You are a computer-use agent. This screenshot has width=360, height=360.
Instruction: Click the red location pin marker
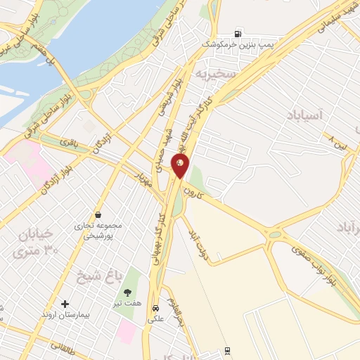click(181, 166)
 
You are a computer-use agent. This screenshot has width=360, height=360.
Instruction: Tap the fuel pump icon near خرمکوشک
click(238, 34)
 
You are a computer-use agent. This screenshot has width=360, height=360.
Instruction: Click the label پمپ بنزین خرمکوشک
click(236, 44)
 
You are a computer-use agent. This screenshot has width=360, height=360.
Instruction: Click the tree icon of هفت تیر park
click(127, 292)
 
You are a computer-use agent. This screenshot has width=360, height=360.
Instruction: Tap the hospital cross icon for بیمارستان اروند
click(65, 304)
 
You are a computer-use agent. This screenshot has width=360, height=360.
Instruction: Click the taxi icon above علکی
click(155, 307)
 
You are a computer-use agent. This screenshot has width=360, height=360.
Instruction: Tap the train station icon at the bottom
click(227, 349)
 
